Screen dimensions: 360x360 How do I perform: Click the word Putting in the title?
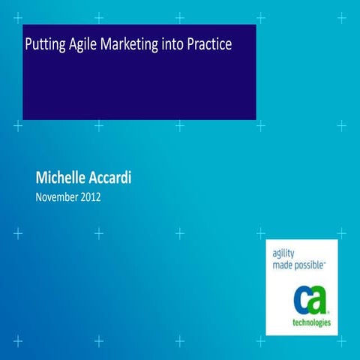(44, 45)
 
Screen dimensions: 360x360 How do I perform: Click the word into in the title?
(172, 44)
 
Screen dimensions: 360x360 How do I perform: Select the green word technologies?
(310, 325)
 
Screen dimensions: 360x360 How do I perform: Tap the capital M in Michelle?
(42, 179)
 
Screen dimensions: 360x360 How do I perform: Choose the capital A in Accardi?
(97, 179)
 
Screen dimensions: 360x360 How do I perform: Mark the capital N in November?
(39, 198)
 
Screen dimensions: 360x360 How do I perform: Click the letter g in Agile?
(77, 46)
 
